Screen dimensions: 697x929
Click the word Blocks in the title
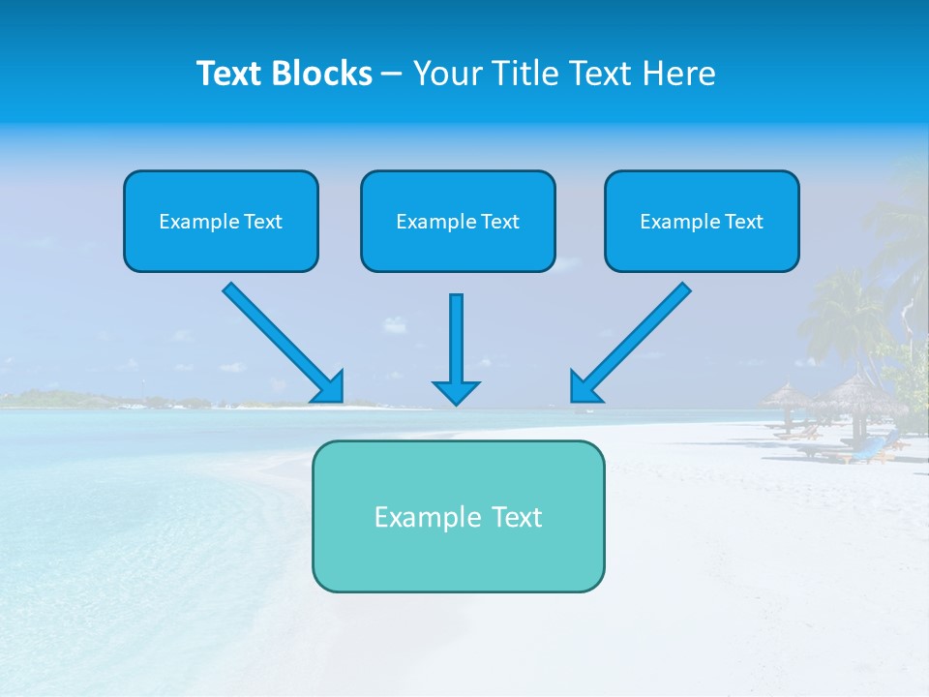pyautogui.click(x=323, y=74)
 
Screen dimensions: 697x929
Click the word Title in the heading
pyautogui.click(x=524, y=74)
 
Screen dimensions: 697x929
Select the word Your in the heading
pyautogui.click(x=449, y=74)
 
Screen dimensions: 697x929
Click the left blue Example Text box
pyautogui.click(x=221, y=221)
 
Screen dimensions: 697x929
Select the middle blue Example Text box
pyautogui.click(x=458, y=221)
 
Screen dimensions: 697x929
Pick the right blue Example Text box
pyautogui.click(x=702, y=221)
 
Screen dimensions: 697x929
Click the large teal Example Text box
pyautogui.click(x=458, y=516)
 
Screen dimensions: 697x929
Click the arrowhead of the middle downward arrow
pyautogui.click(x=456, y=392)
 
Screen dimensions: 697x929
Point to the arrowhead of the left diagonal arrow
pyautogui.click(x=330, y=388)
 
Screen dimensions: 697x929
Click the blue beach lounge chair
pyautogui.click(x=868, y=446)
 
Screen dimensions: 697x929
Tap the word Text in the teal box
pyautogui.click(x=515, y=517)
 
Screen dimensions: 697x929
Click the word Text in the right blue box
pyautogui.click(x=744, y=221)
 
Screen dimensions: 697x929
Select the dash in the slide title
pyautogui.click(x=392, y=74)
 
